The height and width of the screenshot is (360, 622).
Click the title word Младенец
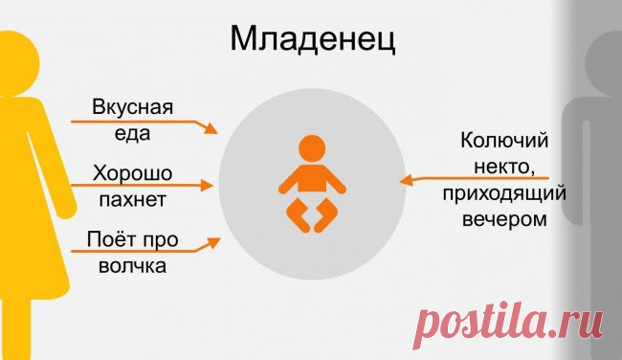coord(312,40)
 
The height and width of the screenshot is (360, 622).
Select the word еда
coord(133,133)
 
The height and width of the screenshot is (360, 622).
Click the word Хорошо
coord(132,173)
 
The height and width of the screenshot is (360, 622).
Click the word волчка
coord(132,265)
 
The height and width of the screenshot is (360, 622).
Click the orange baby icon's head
coord(311,149)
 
